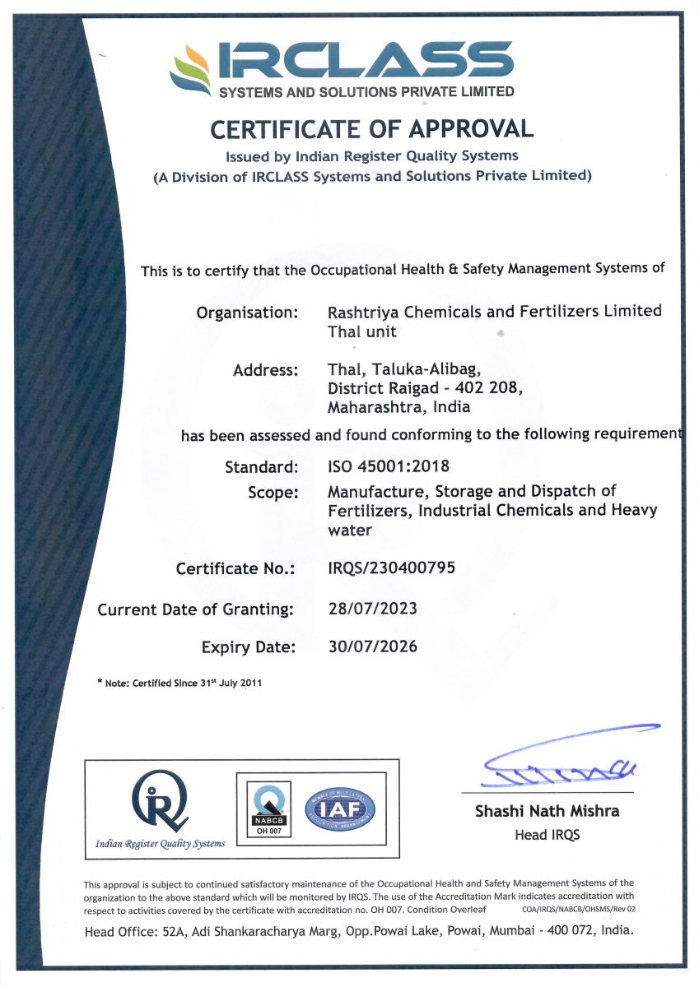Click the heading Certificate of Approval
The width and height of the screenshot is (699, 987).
[x=371, y=128]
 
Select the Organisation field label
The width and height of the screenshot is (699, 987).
[x=246, y=313]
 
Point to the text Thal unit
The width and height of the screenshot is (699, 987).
[x=361, y=331]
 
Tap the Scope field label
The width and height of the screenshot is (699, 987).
[x=272, y=492]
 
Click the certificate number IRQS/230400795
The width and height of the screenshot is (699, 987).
[x=391, y=568]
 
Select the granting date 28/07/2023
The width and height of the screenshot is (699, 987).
[x=372, y=609]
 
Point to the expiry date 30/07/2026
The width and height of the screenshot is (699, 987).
[x=372, y=646]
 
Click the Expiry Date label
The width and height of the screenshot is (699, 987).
[x=248, y=647]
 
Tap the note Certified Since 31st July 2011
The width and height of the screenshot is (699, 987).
[x=179, y=683]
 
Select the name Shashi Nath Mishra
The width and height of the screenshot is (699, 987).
[x=547, y=811]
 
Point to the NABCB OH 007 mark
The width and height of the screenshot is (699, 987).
[x=266, y=809]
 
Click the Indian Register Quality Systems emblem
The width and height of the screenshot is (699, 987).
[x=160, y=803]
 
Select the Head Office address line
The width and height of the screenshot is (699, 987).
[x=359, y=931]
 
